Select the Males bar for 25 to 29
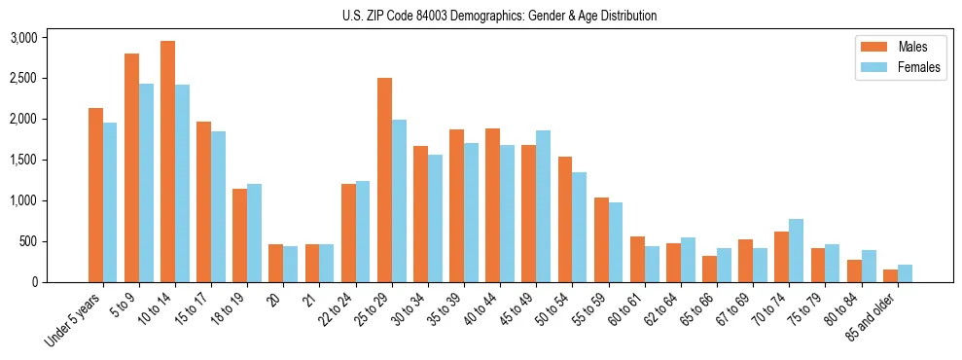pos(384,180)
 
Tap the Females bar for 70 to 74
pos(796,250)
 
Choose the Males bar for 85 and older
pos(889,275)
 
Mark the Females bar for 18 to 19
pos(254,233)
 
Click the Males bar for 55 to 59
pos(601,239)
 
